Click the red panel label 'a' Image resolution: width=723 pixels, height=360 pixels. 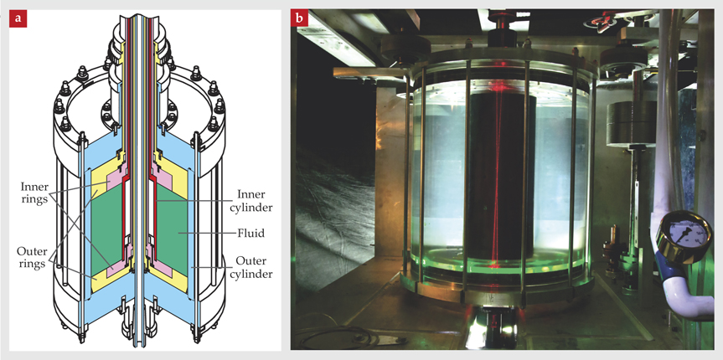tap(18, 19)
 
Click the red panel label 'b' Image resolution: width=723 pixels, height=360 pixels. tap(300, 19)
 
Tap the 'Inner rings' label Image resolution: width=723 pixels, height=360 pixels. tap(34, 193)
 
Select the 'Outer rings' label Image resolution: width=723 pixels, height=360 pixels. tap(34, 258)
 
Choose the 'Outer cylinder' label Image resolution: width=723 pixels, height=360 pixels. tap(253, 267)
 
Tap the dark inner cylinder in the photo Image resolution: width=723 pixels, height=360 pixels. tap(500, 179)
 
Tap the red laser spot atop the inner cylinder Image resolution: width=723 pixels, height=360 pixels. tap(497, 86)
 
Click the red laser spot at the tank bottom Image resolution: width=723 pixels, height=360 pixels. tap(493, 265)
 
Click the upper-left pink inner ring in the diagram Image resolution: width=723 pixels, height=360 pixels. tap(116, 180)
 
